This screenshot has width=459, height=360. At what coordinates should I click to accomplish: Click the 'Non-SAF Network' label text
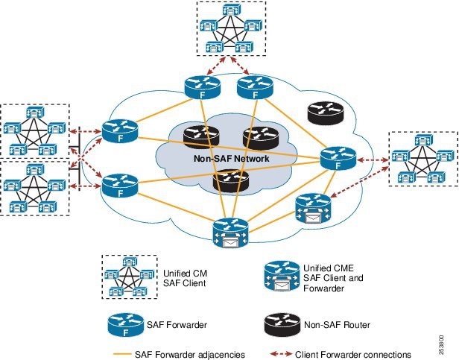[x=231, y=159]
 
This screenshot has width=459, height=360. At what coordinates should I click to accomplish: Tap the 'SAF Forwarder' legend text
[x=177, y=325]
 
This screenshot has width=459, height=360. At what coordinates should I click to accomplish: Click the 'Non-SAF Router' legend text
[x=338, y=325]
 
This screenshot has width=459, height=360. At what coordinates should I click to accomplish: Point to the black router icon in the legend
[x=282, y=325]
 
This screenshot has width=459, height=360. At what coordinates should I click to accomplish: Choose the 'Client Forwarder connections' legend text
[x=353, y=355]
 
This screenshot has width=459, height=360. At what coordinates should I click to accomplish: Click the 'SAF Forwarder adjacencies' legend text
[x=190, y=355]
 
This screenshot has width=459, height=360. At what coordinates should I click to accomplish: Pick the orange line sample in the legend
[x=122, y=355]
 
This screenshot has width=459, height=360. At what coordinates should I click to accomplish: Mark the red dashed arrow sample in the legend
[x=281, y=354]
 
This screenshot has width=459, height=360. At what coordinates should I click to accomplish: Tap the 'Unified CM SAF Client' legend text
[x=185, y=278]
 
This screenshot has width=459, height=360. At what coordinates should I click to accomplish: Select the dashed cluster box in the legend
[x=130, y=277]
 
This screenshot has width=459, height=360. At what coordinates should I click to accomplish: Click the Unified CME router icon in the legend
[x=282, y=276]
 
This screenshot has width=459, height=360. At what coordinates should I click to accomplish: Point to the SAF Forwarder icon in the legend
[x=126, y=325]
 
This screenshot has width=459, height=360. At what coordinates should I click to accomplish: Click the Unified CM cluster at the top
[x=231, y=28]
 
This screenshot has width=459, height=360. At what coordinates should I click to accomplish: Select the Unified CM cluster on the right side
[x=423, y=159]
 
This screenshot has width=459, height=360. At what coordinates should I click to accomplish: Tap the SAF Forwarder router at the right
[x=338, y=159]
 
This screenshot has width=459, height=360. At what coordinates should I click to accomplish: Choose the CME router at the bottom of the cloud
[x=231, y=233]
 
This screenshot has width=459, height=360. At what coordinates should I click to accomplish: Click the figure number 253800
[x=441, y=345]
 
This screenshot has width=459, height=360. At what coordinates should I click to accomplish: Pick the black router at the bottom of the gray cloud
[x=231, y=180]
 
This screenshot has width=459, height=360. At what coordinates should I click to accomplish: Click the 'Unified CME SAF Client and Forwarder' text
[x=333, y=278]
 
